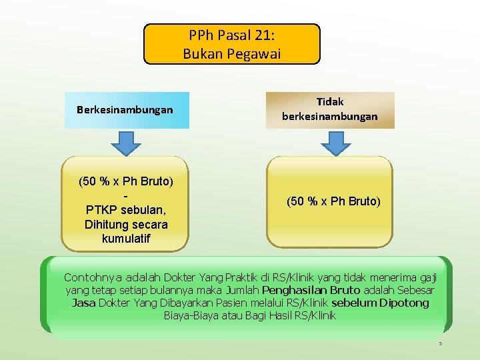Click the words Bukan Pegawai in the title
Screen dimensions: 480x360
click(x=232, y=53)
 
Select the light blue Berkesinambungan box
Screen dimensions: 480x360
click(x=125, y=109)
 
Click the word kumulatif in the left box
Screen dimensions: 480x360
click(x=126, y=238)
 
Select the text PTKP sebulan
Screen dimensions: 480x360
click(x=126, y=210)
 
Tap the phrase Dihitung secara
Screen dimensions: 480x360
click(x=126, y=224)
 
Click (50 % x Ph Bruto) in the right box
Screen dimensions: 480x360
click(x=333, y=201)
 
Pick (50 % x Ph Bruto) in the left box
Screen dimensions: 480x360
click(x=126, y=181)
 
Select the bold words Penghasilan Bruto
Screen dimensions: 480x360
click(x=311, y=290)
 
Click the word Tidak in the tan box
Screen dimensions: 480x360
click(x=329, y=102)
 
